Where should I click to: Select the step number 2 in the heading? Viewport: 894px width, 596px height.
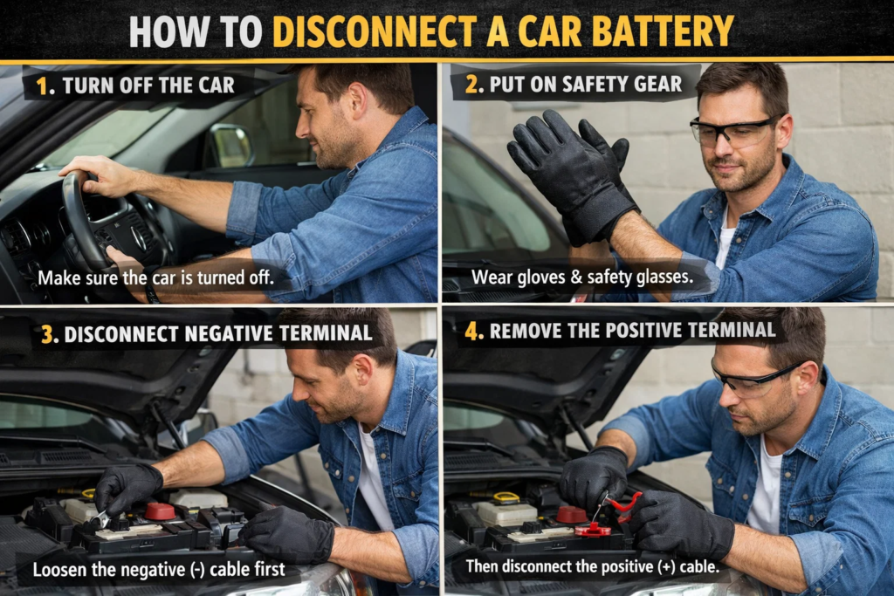(471, 85)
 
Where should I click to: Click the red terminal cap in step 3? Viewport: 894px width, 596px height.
(159, 510)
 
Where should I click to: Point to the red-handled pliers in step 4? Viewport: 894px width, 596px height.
(622, 504)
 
